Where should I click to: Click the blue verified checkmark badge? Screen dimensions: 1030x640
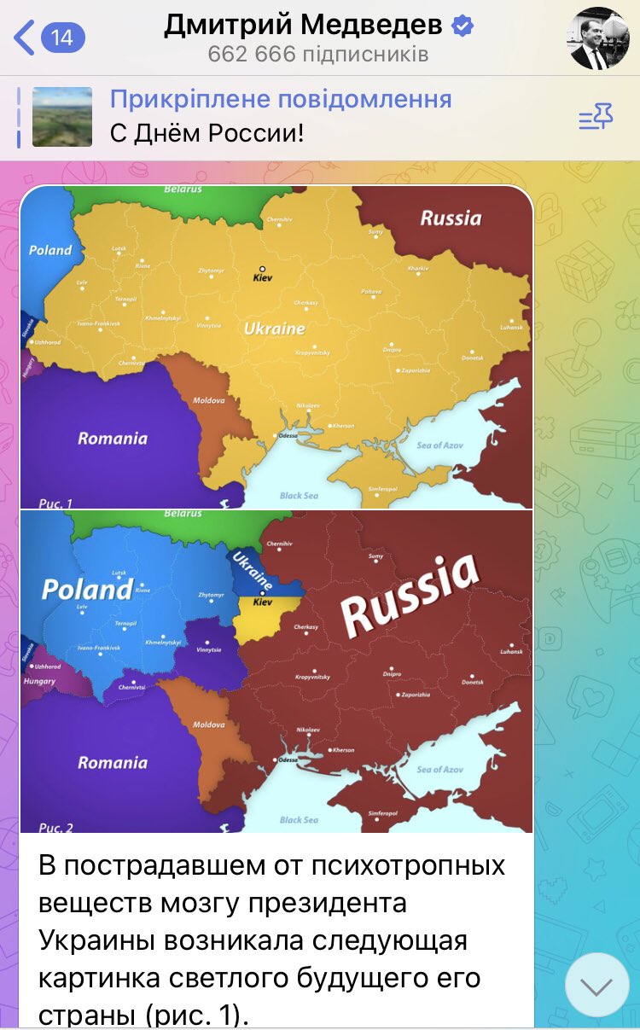[x=463, y=26]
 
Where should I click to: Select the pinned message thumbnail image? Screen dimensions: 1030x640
[x=62, y=117]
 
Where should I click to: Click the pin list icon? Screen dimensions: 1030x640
[x=596, y=117]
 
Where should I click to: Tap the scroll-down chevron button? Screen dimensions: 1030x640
[x=596, y=986]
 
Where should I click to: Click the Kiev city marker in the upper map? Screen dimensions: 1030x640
[x=263, y=269]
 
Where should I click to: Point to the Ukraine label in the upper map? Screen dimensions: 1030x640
[x=274, y=328]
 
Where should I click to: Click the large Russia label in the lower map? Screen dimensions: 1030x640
[x=410, y=594]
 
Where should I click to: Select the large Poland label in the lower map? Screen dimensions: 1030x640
[x=87, y=589]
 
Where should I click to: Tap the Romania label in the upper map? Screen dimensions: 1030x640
[x=113, y=439]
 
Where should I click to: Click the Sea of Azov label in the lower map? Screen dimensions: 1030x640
[x=440, y=769]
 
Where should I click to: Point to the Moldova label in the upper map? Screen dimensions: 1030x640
[x=209, y=399]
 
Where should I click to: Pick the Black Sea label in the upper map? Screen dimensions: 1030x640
[x=299, y=495]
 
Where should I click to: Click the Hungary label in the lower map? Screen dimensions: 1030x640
[x=39, y=681]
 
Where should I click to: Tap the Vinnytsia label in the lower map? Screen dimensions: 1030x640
[x=208, y=650]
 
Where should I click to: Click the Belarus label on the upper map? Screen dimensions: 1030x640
[x=183, y=189]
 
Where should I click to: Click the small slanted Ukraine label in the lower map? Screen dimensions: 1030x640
[x=252, y=570]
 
